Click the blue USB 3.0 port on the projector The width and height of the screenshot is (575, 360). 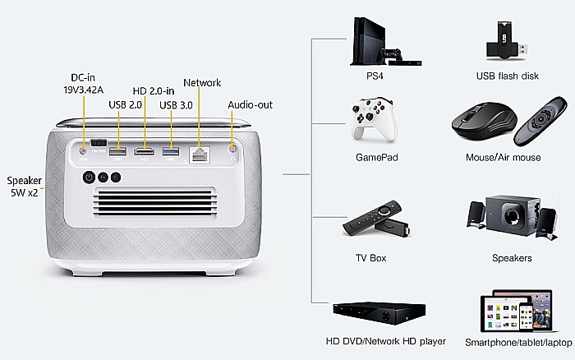(171, 151)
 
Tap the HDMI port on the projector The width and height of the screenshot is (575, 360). (144, 151)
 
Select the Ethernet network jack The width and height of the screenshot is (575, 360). (199, 155)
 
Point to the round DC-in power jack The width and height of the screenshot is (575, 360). (83, 151)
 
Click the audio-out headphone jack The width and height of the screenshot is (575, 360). (232, 149)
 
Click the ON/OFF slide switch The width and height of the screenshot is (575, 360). (99, 143)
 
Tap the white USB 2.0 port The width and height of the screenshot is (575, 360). (117, 151)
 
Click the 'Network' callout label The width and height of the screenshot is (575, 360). (202, 82)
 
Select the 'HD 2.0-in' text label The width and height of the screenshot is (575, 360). (154, 91)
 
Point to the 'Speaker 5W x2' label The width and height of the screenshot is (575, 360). (24, 187)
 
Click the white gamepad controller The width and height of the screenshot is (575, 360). (374, 120)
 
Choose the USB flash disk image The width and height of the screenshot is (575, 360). (507, 41)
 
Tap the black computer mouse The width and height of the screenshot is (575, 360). (484, 121)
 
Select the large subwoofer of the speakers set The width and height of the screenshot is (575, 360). (513, 215)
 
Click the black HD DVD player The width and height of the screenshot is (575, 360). (379, 313)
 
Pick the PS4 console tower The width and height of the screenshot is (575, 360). (370, 41)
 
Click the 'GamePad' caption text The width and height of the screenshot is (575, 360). (376, 158)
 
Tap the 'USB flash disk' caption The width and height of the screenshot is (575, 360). (507, 76)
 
